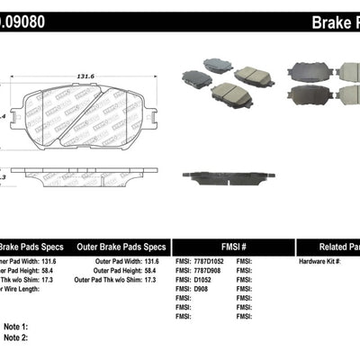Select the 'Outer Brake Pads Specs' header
pos(121,246)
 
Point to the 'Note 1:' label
pos(16,327)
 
